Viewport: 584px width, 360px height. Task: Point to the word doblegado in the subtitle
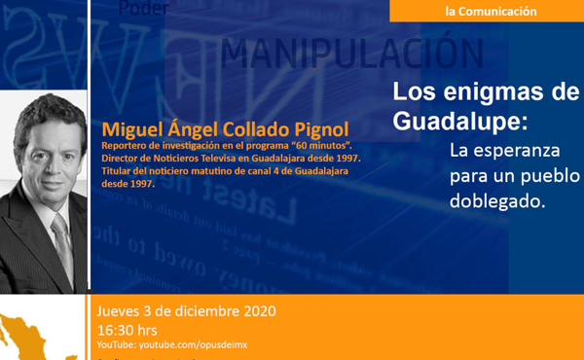[x=496, y=201]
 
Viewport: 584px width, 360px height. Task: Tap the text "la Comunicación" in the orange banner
[x=491, y=12]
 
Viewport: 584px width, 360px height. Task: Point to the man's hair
[x=47, y=109]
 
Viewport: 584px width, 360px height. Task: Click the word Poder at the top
[x=141, y=8]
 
